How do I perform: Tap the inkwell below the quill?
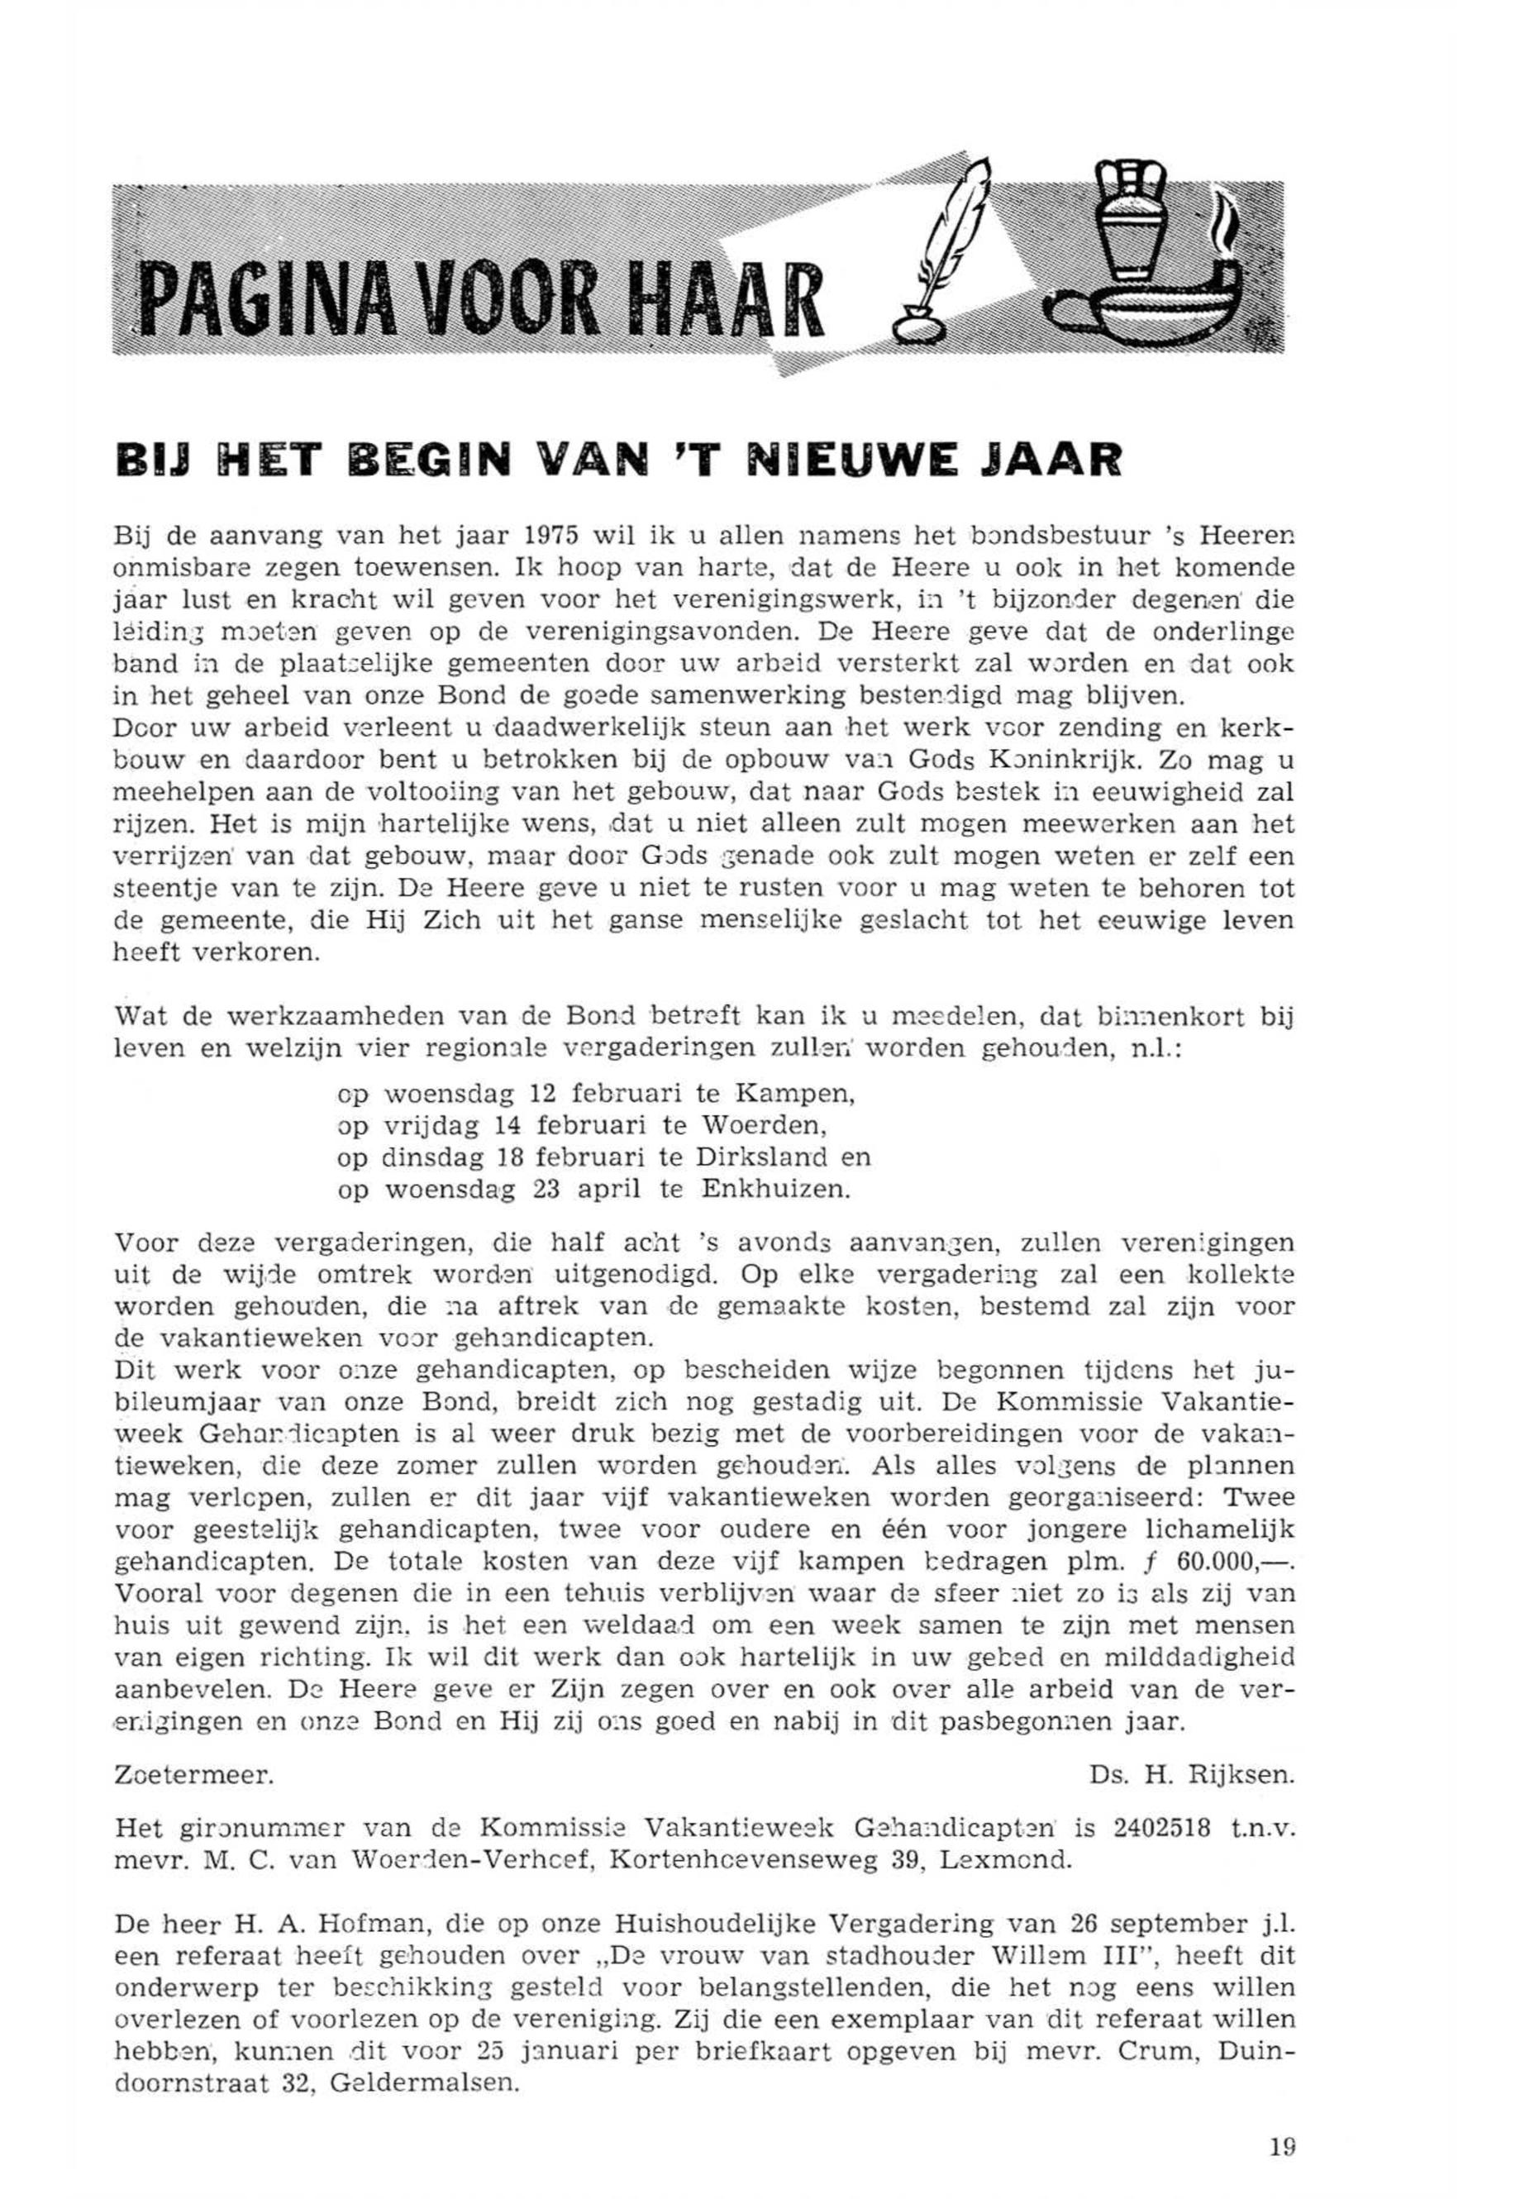pyautogui.click(x=920, y=326)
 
